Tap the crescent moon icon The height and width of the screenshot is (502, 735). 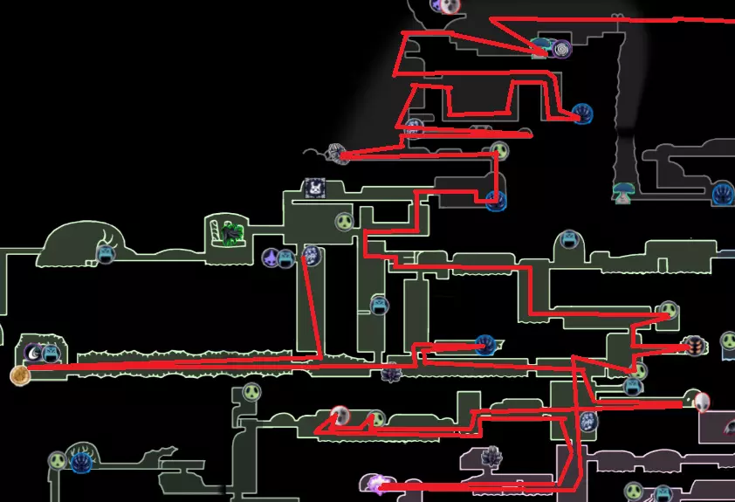32,354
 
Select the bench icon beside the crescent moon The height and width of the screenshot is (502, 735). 52,354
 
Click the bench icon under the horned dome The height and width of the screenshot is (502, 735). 106,254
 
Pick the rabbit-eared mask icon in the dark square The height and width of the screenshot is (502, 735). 313,188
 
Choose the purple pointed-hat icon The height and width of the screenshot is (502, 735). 272,258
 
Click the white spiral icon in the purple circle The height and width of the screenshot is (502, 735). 560,49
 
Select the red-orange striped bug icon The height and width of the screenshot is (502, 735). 695,347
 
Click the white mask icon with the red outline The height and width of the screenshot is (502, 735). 701,401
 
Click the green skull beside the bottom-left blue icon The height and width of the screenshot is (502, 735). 58,460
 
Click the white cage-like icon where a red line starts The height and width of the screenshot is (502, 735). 337,154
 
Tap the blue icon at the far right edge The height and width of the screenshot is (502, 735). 723,194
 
